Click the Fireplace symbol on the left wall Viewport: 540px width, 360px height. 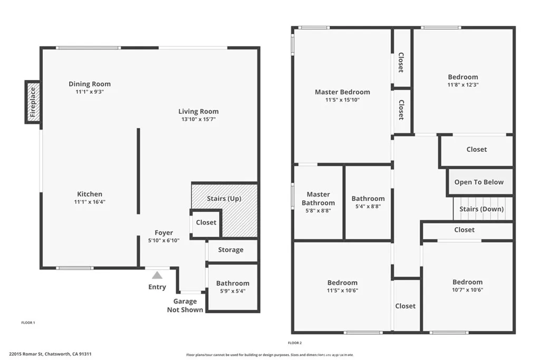click(33, 102)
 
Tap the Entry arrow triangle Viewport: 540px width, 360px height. click(157, 275)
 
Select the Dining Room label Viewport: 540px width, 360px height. click(90, 84)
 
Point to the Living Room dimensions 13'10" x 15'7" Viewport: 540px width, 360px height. click(198, 120)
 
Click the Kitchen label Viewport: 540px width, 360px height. click(90, 194)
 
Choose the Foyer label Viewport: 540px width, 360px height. click(163, 232)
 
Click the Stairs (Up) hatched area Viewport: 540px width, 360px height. click(224, 199)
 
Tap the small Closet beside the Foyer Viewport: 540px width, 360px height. click(206, 222)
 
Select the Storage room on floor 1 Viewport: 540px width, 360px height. click(230, 250)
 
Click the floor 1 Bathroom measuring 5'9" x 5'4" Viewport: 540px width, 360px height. click(233, 287)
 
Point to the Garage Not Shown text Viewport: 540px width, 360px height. click(185, 306)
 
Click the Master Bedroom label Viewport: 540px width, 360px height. click(342, 92)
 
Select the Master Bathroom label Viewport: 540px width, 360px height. click(318, 199)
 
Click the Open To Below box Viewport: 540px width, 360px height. click(479, 182)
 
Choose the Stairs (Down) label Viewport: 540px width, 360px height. click(481, 209)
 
